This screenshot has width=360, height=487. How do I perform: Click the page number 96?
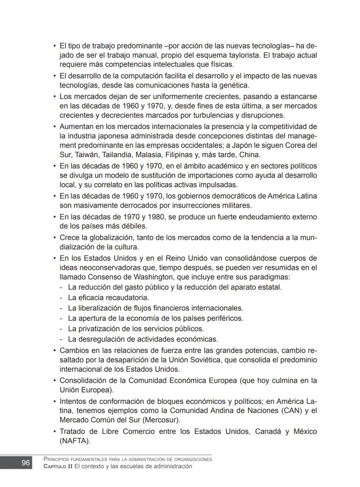click(x=26, y=463)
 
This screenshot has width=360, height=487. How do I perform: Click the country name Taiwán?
click(x=87, y=154)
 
